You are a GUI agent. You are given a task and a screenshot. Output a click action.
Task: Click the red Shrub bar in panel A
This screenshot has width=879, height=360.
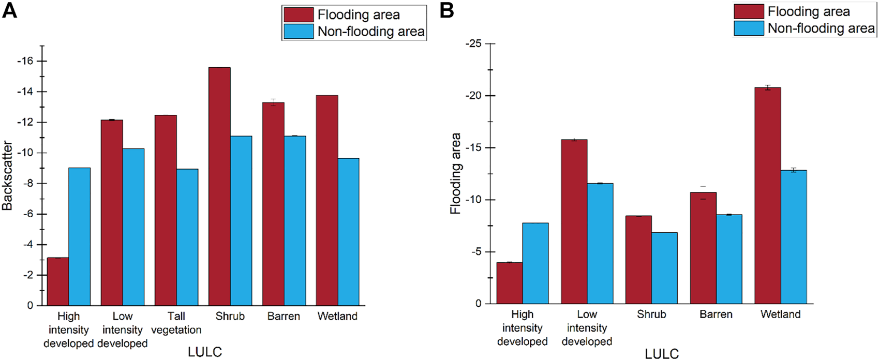tap(219, 186)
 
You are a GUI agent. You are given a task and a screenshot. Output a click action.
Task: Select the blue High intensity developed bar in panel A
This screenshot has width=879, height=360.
tap(79, 236)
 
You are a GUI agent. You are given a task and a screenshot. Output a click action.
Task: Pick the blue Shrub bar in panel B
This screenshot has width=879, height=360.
tap(664, 268)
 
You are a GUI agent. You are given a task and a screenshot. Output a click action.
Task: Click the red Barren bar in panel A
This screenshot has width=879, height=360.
tap(273, 204)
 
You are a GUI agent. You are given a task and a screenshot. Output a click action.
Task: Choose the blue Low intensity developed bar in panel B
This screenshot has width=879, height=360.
tap(600, 243)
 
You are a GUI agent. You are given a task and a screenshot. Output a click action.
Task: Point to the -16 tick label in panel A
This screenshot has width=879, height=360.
tap(24, 61)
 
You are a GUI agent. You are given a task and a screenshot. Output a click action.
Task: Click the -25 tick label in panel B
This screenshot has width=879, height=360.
tap(473, 44)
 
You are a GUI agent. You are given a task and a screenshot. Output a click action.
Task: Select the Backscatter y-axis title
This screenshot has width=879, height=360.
tap(7, 176)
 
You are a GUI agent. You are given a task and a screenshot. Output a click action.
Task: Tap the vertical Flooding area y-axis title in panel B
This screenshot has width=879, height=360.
tap(455, 174)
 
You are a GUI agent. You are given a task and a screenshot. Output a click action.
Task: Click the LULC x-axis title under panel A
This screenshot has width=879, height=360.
tap(205, 352)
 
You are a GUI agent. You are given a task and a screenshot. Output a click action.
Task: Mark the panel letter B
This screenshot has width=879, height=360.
tap(446, 10)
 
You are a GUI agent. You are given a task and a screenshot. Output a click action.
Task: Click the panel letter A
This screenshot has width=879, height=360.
tap(9, 10)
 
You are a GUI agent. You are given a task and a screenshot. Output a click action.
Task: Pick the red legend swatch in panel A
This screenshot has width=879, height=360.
tap(299, 14)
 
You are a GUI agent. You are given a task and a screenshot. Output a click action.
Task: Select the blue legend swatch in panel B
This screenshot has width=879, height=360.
tap(749, 28)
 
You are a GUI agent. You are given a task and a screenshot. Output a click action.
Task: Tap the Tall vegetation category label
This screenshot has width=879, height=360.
tap(176, 323)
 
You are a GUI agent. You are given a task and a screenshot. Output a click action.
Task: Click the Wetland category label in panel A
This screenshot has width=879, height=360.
tap(337, 316)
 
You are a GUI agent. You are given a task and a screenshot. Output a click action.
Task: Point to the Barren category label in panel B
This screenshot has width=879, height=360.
tap(716, 314)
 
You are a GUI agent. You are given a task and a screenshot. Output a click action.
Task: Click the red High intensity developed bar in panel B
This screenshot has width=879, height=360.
tap(509, 283)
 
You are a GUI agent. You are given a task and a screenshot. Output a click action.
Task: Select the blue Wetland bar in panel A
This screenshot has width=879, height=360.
tap(348, 232)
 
